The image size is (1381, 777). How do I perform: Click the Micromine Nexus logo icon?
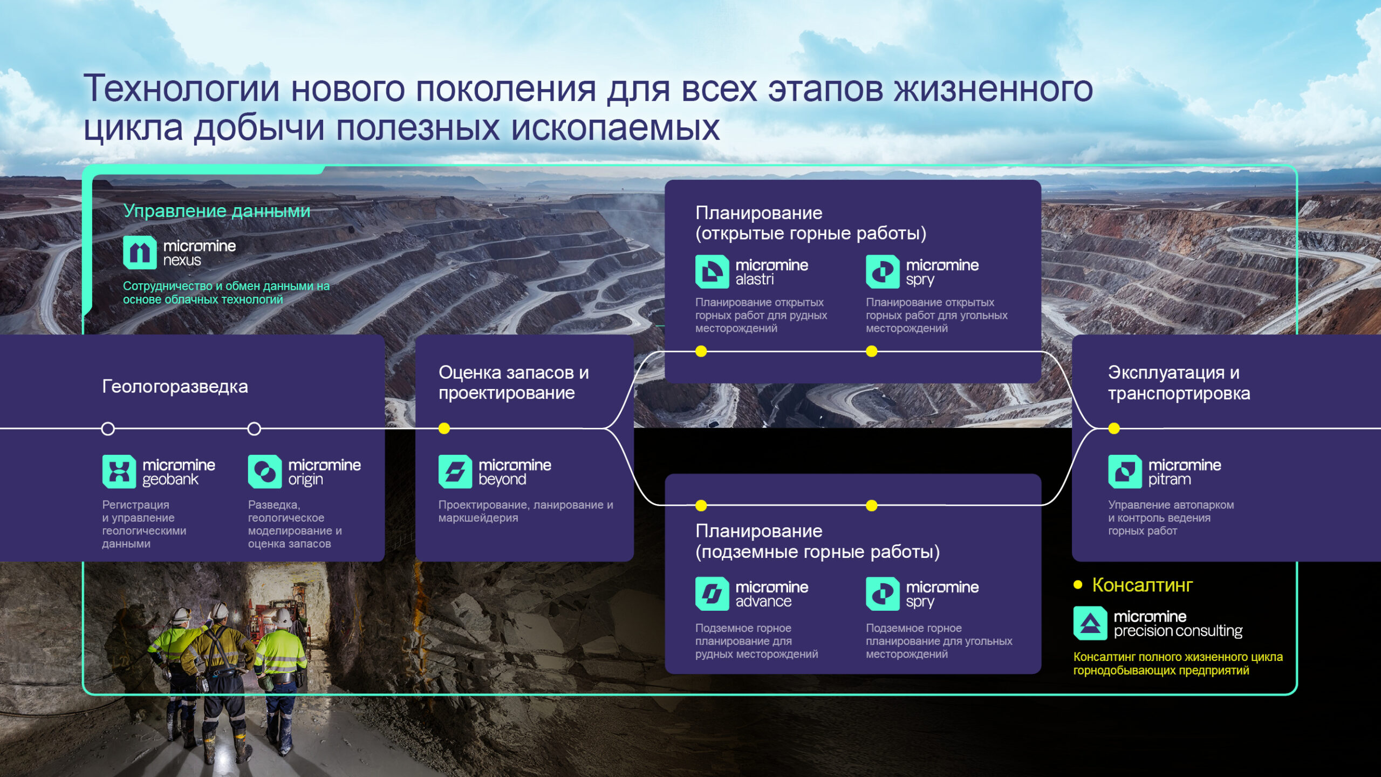[x=140, y=253]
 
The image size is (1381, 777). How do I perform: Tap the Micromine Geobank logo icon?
[x=119, y=472]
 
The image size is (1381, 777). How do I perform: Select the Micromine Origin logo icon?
[x=264, y=472]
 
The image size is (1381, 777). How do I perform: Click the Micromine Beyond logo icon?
[x=455, y=472]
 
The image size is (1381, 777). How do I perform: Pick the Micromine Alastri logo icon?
[x=712, y=271]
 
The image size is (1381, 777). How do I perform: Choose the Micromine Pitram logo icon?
[x=1125, y=472]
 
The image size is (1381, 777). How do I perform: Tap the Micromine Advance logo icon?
[x=712, y=594]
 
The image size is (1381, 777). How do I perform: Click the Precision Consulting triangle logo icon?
[x=1090, y=623]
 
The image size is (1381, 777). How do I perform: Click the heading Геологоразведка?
[x=175, y=386]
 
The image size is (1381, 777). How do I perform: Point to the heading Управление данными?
[x=217, y=210]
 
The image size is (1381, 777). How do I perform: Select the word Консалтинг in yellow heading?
[x=1142, y=585]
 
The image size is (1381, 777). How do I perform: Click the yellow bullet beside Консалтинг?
[x=1078, y=584]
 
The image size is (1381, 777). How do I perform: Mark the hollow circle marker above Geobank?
[x=108, y=429]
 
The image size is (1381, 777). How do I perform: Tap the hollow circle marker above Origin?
[x=254, y=429]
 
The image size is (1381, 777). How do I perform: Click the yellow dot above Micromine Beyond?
[x=444, y=428]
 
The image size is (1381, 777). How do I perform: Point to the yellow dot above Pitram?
[x=1114, y=428]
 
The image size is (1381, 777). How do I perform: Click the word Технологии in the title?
[x=181, y=88]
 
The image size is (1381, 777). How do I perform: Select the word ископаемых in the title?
[x=615, y=128]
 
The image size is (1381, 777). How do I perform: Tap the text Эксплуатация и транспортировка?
[x=1178, y=383]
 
